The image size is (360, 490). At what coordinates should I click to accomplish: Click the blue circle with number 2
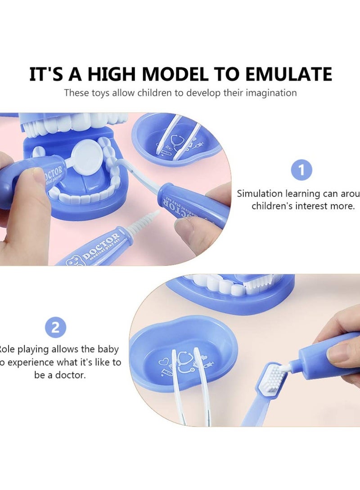tap(56, 327)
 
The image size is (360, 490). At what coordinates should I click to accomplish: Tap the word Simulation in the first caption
tap(260, 194)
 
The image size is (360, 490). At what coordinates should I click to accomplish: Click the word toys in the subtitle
tap(96, 93)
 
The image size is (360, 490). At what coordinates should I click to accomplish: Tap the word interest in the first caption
tap(317, 206)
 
